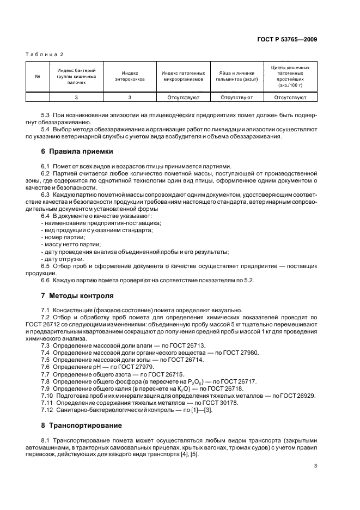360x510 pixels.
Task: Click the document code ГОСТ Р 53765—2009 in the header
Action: pos(286,39)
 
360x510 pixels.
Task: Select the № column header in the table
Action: pos(38,76)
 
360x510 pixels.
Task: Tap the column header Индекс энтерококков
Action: pos(130,76)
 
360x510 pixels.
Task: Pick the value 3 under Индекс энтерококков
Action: pos(130,98)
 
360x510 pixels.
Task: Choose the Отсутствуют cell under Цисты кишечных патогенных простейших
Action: pos(290,98)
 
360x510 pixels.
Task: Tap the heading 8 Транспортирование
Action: pos(85,424)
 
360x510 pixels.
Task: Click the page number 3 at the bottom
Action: pos(315,466)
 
